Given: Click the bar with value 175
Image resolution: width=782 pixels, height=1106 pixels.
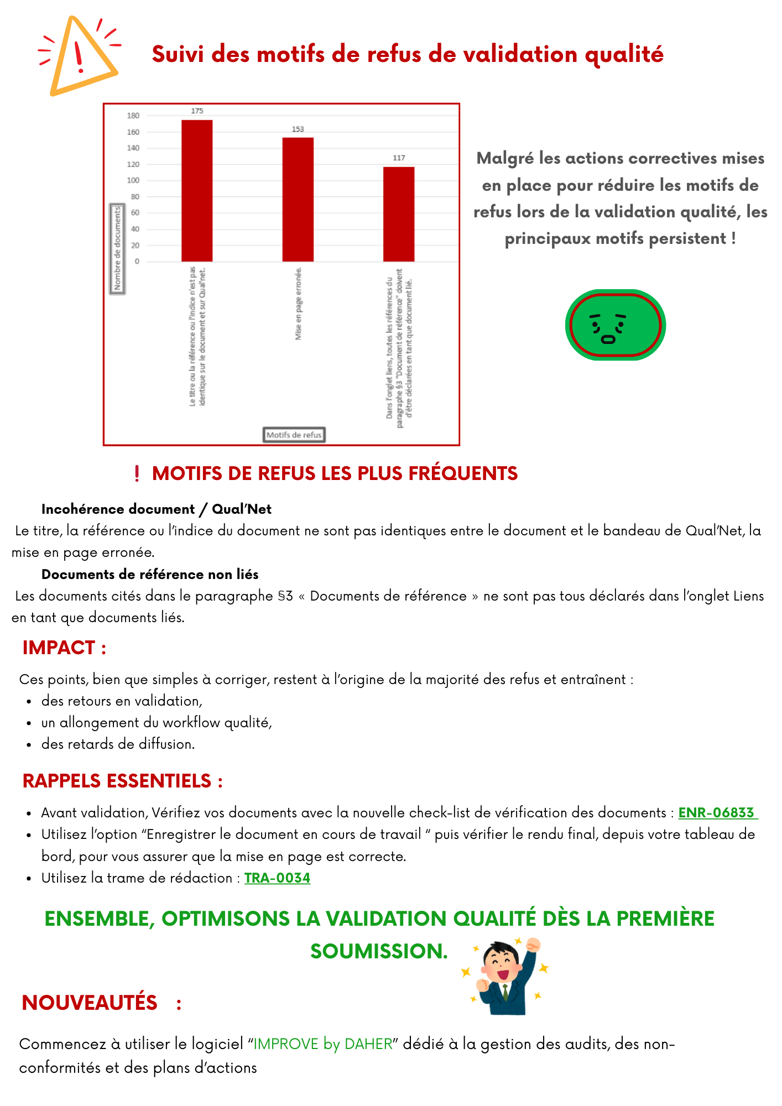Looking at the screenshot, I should (x=197, y=190).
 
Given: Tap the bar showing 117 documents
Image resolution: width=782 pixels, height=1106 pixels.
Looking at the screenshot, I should (x=399, y=214).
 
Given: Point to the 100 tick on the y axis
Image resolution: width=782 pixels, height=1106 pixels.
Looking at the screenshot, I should (x=133, y=180).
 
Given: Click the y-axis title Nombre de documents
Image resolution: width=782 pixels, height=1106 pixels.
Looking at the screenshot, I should (x=117, y=249).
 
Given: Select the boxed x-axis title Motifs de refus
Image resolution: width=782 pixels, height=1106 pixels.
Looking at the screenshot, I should (x=294, y=435).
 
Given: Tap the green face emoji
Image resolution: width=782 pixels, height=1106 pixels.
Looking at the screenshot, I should (x=615, y=325).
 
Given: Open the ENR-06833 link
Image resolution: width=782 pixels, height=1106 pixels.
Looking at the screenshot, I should (x=717, y=813).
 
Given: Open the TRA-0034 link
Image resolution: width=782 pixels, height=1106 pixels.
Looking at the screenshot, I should (x=277, y=878).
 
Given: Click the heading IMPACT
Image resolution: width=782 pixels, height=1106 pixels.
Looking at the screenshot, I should (x=64, y=648).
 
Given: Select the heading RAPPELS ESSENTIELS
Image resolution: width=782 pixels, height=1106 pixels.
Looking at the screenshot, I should (x=122, y=781).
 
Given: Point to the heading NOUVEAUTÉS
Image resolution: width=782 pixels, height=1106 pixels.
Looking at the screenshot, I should (x=90, y=1003).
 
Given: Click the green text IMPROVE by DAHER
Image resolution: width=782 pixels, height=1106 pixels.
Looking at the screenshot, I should (x=323, y=1044).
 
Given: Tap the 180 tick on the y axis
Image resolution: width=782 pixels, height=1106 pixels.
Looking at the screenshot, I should (x=133, y=116).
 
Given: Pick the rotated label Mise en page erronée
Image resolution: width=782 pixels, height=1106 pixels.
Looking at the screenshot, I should (x=298, y=304).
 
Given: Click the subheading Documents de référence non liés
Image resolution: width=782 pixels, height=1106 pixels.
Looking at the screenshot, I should (x=150, y=575).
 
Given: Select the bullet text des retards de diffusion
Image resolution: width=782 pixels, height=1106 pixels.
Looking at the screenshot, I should (x=118, y=744).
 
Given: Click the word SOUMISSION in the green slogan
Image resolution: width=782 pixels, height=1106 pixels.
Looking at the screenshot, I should (x=379, y=951).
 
